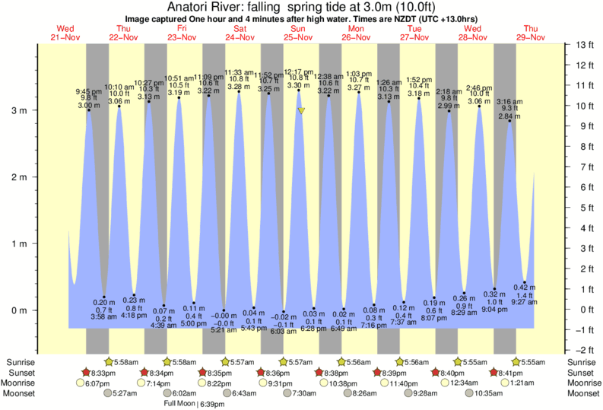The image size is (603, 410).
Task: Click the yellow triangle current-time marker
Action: click(302, 111)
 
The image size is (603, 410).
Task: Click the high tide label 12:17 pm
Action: click(298, 72)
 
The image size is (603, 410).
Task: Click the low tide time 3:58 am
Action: click(103, 316)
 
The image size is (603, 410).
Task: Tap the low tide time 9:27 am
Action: click(525, 302)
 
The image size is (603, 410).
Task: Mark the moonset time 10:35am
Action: click(489, 393)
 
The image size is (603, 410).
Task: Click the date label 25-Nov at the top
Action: click(298, 37)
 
